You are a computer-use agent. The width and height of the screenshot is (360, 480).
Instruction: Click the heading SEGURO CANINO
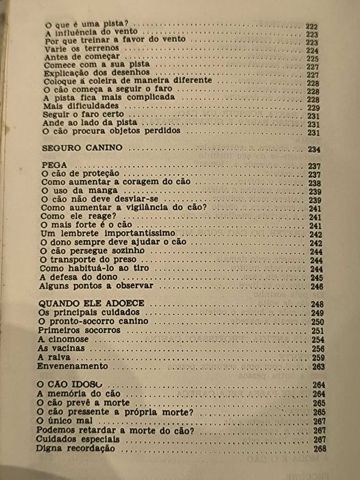[82, 148]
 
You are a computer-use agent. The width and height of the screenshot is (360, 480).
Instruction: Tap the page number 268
[320, 448]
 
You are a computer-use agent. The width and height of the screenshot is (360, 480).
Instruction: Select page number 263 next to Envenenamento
[318, 367]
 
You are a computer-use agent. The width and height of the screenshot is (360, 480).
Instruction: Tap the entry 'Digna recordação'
[75, 448]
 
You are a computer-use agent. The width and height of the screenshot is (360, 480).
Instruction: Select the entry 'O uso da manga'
[78, 192]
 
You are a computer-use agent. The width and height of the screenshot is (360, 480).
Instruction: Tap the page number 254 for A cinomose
[317, 340]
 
